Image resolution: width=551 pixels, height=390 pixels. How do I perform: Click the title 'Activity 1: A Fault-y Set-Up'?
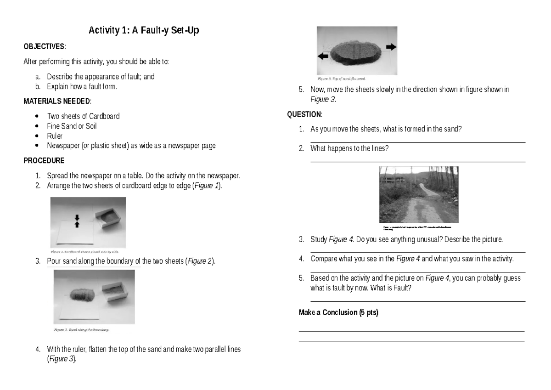pos(144,31)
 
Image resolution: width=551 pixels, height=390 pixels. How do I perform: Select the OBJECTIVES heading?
pos(45,47)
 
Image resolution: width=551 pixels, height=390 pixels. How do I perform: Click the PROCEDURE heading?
pos(44,161)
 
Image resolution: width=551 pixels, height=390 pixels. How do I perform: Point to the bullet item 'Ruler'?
pos(55,136)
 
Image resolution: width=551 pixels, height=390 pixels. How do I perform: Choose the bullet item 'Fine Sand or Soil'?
pos(72,126)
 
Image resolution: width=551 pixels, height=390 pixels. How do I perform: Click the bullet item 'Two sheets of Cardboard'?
pos(83,116)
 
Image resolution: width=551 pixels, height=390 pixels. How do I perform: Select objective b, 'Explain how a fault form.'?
pos(79,86)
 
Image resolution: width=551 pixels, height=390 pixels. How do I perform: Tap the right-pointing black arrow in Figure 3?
pos(391,47)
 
